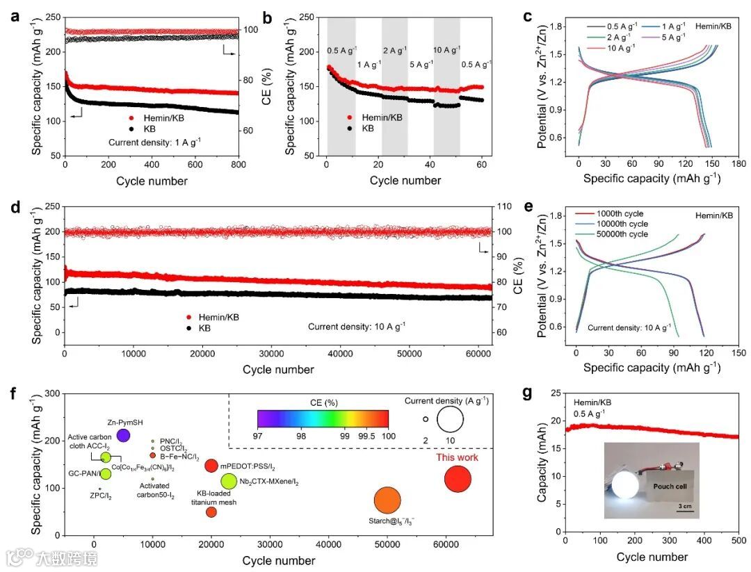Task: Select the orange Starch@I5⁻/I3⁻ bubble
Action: point(387,500)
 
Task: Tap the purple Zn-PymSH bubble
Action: point(123,435)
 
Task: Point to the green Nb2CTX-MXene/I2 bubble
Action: point(229,481)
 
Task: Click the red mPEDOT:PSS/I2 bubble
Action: point(211,466)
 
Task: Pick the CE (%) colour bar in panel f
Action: point(322,418)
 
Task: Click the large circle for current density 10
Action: point(450,419)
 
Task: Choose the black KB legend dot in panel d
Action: point(186,328)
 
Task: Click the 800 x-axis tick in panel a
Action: point(239,165)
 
